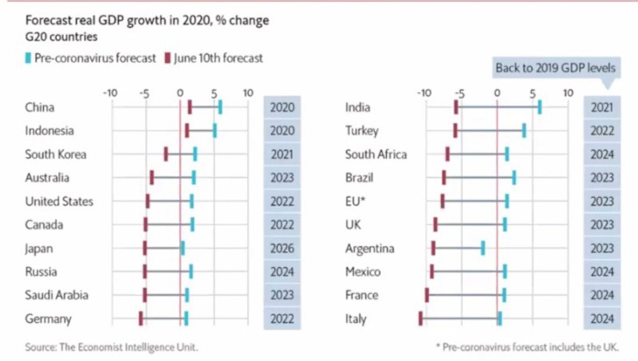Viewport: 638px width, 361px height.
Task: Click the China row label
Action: [x=40, y=108]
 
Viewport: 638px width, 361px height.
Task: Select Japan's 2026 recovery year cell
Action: [x=282, y=248]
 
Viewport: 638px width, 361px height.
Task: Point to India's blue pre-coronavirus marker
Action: [x=540, y=108]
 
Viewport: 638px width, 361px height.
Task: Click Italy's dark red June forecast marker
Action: [x=420, y=319]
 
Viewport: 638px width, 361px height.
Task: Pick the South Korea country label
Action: [x=55, y=155]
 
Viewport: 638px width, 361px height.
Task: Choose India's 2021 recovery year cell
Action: [x=601, y=108]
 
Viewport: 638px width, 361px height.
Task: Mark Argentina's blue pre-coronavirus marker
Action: [x=482, y=248]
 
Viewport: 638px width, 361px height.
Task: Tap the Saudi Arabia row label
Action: [x=56, y=295]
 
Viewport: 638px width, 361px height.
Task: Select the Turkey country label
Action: [x=361, y=131]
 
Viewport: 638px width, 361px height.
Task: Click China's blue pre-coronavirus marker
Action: [x=220, y=108]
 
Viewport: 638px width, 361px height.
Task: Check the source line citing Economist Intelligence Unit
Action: [x=111, y=347]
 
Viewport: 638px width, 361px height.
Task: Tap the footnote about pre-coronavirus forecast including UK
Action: [x=527, y=347]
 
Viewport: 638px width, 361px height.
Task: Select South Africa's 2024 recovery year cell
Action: [x=601, y=155]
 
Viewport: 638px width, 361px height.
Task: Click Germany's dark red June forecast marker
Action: [x=141, y=319]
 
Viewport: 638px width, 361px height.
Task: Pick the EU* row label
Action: [x=356, y=201]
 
